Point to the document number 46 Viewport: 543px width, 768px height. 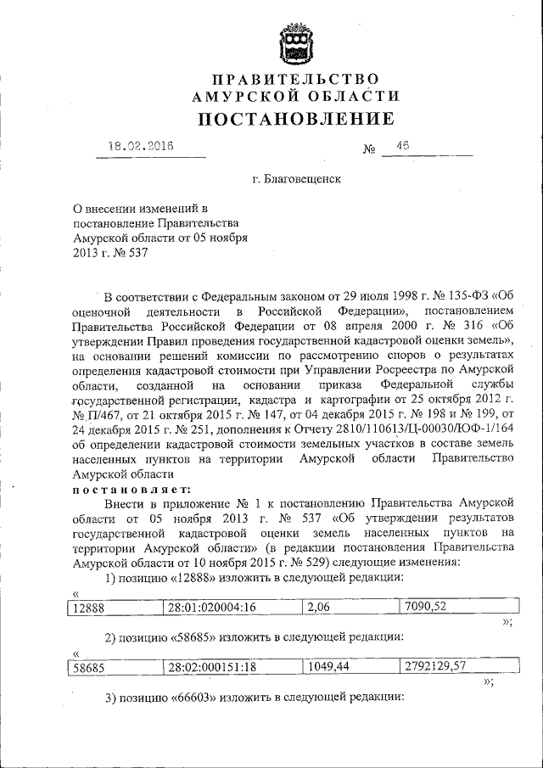[401, 146]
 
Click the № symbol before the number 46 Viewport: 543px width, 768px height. [369, 150]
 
